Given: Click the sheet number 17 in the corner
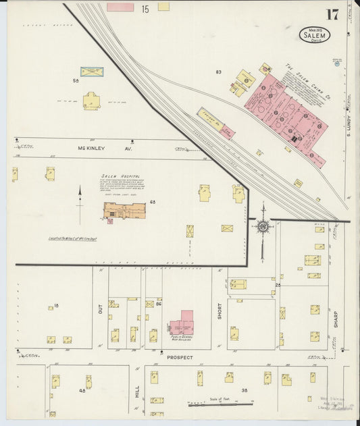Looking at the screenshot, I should [x=332, y=15].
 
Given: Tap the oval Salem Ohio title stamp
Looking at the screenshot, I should [x=315, y=34].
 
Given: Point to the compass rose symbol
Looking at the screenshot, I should [x=263, y=227].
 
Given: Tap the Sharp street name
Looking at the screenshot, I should [x=335, y=318].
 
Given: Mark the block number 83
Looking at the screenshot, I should [x=218, y=72].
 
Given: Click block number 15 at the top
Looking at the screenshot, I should [x=145, y=9].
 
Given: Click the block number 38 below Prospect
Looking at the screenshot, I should [x=246, y=390].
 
